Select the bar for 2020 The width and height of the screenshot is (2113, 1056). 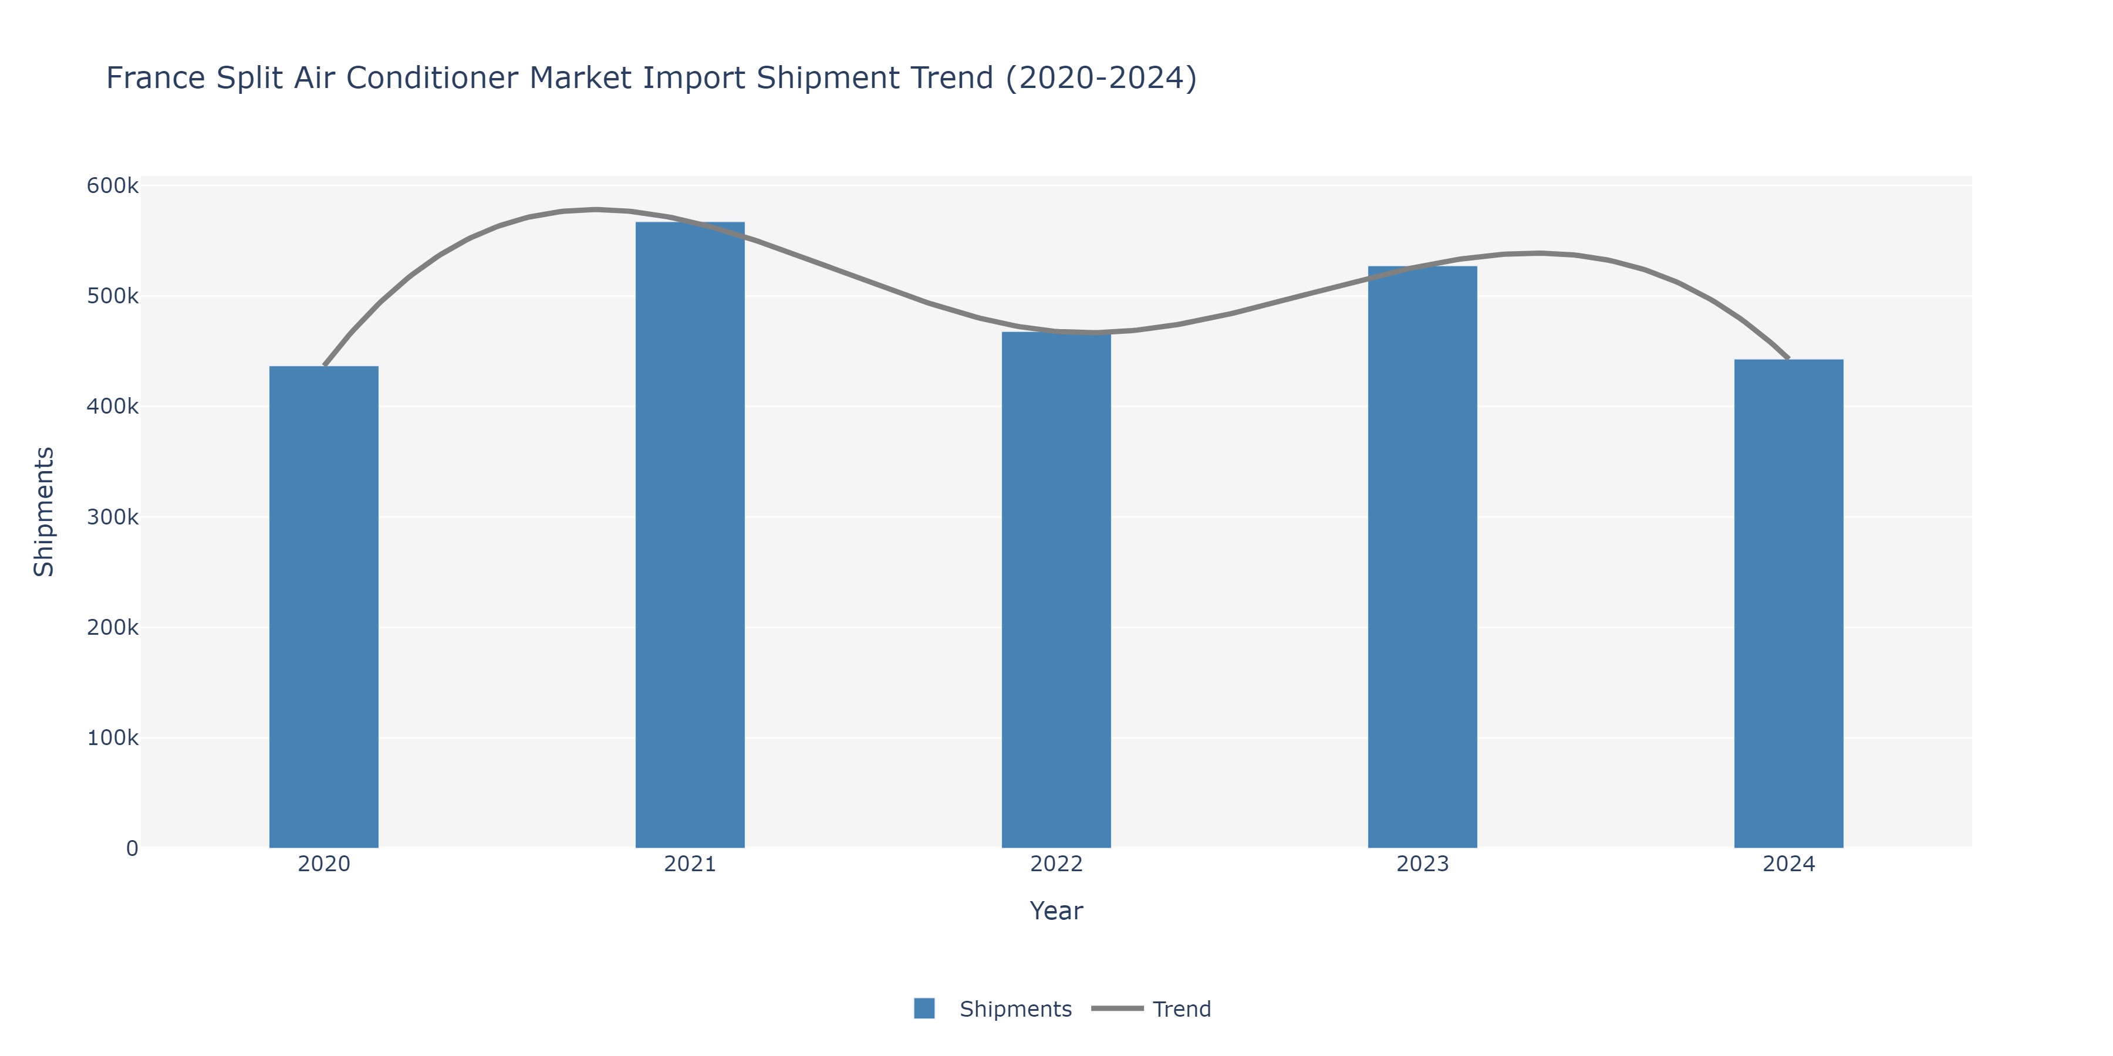tap(323, 607)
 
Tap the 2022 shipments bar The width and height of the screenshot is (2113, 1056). tap(1056, 590)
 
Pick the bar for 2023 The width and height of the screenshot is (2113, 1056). tap(1422, 557)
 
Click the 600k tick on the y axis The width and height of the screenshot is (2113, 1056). tap(112, 186)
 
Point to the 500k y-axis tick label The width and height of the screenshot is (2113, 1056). tap(112, 296)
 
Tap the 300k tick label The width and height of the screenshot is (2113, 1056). tap(112, 517)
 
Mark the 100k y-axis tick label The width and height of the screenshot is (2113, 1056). tap(112, 738)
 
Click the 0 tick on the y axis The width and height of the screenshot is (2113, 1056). tap(132, 848)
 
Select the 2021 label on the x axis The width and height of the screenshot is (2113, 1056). tap(690, 864)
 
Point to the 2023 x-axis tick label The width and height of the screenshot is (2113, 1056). tap(1422, 864)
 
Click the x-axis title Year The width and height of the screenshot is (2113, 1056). tap(1056, 911)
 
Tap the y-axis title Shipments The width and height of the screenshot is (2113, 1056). tap(44, 512)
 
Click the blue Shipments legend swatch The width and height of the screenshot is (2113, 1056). tap(924, 1008)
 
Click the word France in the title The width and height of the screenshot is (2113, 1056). tap(156, 79)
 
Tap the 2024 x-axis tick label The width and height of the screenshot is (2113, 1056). tap(1788, 864)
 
